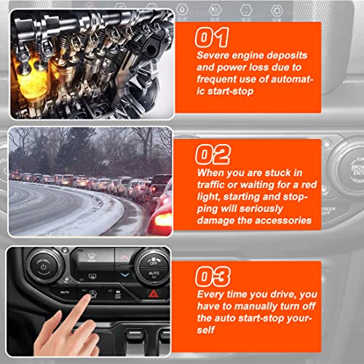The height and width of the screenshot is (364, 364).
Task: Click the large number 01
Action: pos(212,37)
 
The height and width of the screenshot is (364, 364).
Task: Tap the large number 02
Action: pos(213,154)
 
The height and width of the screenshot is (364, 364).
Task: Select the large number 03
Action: pos(213,277)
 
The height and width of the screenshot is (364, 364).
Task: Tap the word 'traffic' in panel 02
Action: pos(210,185)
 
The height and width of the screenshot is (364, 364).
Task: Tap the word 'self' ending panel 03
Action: pos(206,330)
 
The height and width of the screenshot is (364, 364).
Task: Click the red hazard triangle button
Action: pos(154,294)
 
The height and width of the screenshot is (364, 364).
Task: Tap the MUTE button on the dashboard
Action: pos(65,293)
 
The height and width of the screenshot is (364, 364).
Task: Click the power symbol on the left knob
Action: pos(44,267)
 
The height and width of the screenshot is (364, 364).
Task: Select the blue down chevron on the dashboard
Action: pos(125,274)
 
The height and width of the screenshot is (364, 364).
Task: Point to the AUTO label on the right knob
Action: pos(154,273)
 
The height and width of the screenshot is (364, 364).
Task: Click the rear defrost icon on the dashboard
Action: pos(92,276)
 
